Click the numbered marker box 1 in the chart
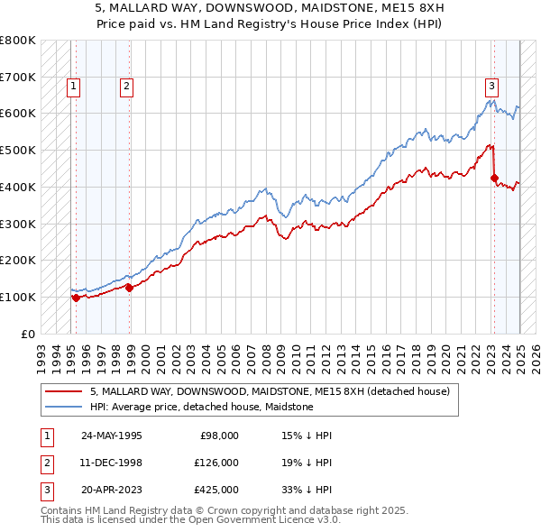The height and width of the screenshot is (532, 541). coord(72,87)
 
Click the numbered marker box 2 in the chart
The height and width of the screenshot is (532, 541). coord(126,87)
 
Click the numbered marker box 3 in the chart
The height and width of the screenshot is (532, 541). coord(491,87)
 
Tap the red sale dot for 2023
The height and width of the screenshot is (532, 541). coord(494,178)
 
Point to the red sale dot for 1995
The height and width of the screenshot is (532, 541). coord(76,298)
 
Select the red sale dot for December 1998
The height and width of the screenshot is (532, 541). coord(130,288)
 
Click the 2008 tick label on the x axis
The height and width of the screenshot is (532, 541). coord(280,353)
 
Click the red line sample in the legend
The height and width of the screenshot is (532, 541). coord(62,392)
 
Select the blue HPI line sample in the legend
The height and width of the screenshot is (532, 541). coord(62,407)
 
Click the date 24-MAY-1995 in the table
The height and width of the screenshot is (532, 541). coord(111,436)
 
